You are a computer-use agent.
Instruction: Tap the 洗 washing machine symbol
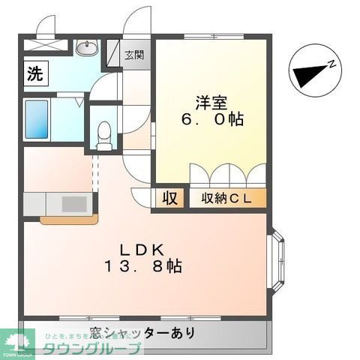34,73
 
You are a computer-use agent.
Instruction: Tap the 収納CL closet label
222,198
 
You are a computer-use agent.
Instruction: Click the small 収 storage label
169,198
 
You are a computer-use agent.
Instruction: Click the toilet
105,133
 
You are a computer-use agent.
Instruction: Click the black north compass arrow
307,76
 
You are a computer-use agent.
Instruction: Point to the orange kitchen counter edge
68,220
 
